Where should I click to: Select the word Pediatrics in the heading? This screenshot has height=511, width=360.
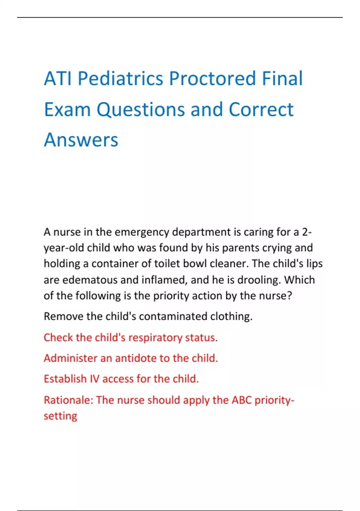coord(120,78)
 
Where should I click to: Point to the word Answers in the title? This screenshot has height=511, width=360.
coord(81,140)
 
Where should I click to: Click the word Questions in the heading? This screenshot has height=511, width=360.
coord(141,109)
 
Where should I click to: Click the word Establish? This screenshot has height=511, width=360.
coord(65,379)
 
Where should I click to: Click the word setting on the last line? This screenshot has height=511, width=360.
coord(60,416)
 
